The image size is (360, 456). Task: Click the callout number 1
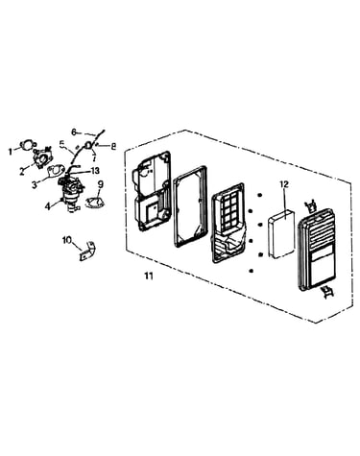[11, 152]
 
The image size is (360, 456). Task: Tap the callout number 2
[22, 172]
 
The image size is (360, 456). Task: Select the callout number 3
[35, 184]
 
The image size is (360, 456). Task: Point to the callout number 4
[48, 206]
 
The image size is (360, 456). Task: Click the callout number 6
[74, 132]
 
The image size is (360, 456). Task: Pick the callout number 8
[113, 146]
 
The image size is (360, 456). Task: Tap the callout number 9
[101, 184]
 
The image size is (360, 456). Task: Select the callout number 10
[68, 240]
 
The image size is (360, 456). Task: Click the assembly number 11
[149, 276]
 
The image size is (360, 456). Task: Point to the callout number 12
[284, 184]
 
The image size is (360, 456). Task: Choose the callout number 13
[95, 171]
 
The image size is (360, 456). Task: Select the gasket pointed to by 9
[95, 204]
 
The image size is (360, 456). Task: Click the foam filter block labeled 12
[281, 234]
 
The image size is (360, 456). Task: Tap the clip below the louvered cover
[327, 292]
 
